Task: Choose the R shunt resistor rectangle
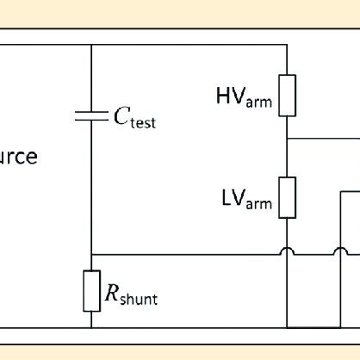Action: point(90,290)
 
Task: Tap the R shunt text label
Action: point(130,296)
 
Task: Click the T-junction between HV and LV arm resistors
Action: point(287,137)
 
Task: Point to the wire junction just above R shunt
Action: point(90,254)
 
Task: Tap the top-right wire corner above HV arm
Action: point(287,45)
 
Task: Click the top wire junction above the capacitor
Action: point(90,45)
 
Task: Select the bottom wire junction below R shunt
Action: point(90,327)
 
